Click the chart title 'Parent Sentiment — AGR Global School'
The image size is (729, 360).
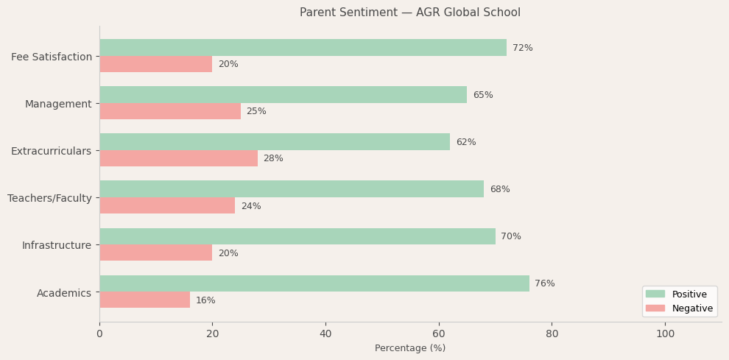coord(409,13)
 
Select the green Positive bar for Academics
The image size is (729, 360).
coord(314,283)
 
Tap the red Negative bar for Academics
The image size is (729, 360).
coord(144,300)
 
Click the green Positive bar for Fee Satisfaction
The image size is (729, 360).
coord(303,48)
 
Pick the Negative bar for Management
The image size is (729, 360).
coord(170,111)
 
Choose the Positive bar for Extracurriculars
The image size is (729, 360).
coord(275,142)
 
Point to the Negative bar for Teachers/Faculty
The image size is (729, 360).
coord(167,205)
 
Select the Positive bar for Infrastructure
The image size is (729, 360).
coord(297,236)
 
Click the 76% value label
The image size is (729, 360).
coord(545,283)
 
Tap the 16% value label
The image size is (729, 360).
coord(205,300)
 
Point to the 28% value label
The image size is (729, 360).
coord(273,158)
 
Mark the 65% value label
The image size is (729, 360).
coord(483,95)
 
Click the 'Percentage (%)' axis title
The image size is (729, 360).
coord(410,348)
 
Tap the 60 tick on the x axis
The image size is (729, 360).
coord(439,333)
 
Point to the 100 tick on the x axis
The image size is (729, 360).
coord(665,333)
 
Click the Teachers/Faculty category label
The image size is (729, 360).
coord(50,198)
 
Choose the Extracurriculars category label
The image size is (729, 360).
coord(52,151)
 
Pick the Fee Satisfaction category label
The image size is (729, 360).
coord(52,57)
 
